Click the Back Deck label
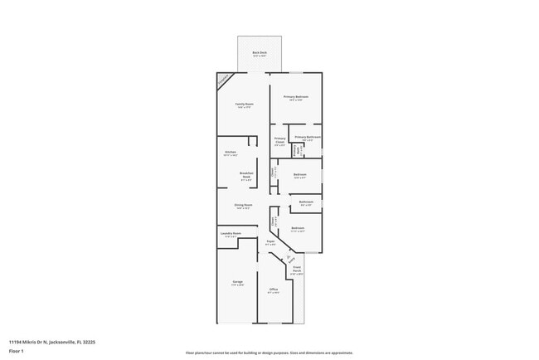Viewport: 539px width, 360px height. [x=260, y=53]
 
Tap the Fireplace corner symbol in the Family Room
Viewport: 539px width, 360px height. [x=223, y=80]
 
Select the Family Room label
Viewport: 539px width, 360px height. [x=244, y=105]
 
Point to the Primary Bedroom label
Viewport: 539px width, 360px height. [x=296, y=97]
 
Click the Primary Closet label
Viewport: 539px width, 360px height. [x=279, y=140]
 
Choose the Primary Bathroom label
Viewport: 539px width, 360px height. [x=308, y=137]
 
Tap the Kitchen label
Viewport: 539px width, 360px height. [x=231, y=153]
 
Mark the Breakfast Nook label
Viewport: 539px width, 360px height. [x=246, y=174]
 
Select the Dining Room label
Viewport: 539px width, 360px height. [x=243, y=205]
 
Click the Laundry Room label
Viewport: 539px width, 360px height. [x=231, y=234]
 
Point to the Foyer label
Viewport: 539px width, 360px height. [x=270, y=242]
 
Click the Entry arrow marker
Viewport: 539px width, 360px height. [x=290, y=258]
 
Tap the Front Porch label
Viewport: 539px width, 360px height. [x=296, y=270]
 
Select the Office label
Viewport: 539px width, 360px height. [x=273, y=289]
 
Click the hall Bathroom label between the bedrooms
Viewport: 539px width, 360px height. [x=306, y=202]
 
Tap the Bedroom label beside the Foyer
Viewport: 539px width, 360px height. [x=297, y=228]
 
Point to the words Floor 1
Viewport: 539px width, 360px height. [x=17, y=351]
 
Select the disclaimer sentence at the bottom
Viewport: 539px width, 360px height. [x=269, y=353]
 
